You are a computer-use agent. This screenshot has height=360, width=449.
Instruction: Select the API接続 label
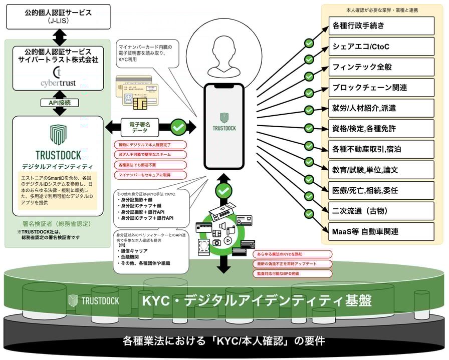(x=58, y=103)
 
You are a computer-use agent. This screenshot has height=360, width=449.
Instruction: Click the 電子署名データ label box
(x=139, y=127)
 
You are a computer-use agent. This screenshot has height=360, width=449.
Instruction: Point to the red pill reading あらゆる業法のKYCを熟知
(x=292, y=254)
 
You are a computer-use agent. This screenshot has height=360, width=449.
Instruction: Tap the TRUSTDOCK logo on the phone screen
(x=224, y=122)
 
